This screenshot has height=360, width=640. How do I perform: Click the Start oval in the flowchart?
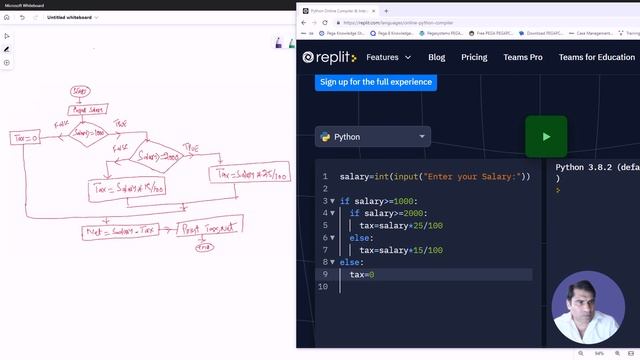pos(81,92)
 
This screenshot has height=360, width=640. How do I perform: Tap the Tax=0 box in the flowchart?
pos(25,137)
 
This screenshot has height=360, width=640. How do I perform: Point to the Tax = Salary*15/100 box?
pos(127,187)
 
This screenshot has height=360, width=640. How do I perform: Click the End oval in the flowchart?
pos(205,247)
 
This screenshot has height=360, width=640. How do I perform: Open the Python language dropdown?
pos(373,137)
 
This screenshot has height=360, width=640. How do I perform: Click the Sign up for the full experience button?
pos(375,81)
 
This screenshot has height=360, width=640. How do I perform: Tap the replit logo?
pos(329,57)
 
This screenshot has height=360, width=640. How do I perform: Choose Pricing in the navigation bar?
pos(474,57)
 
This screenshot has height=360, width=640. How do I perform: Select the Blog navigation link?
pos(437,57)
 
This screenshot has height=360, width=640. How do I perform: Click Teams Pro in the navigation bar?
pos(523,57)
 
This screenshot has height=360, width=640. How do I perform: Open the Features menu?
pos(389,57)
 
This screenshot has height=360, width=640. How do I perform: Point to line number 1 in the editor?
pos(324,177)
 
